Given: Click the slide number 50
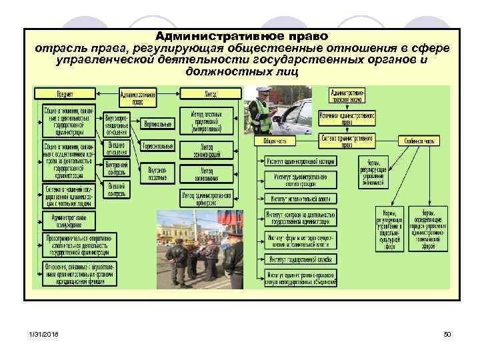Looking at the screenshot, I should (x=447, y=333).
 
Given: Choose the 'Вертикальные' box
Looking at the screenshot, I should (x=158, y=124).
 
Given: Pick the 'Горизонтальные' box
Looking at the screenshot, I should (x=158, y=146).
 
